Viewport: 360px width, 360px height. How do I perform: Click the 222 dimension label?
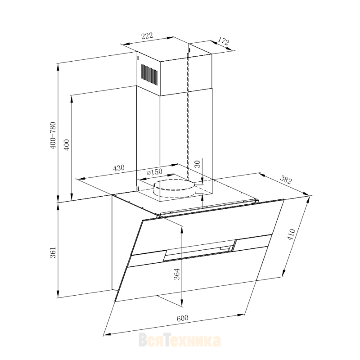[147, 36]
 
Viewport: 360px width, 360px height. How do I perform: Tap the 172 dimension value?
[223, 41]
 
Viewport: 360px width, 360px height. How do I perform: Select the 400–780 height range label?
[53, 135]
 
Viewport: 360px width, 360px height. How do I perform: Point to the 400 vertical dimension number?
[67, 144]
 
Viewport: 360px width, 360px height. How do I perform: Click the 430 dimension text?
[119, 168]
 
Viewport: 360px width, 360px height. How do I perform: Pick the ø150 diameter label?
[154, 172]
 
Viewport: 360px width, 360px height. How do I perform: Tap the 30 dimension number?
[198, 164]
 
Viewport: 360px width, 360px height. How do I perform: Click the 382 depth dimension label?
[286, 180]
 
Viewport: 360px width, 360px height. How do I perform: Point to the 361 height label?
[53, 252]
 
